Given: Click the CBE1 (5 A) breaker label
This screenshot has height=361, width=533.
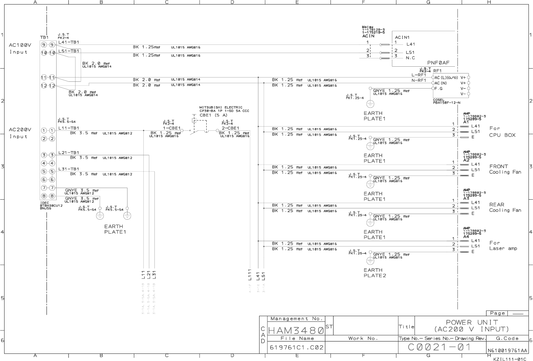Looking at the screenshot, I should (x=214, y=115).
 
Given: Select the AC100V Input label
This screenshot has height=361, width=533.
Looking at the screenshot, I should (x=20, y=48).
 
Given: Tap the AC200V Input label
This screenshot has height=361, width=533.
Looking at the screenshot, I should (x=20, y=133).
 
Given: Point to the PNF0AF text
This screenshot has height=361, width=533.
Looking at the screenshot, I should (x=438, y=63).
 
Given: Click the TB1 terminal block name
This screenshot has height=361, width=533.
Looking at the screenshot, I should (x=45, y=37).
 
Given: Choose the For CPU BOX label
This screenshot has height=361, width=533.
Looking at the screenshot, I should (x=502, y=132).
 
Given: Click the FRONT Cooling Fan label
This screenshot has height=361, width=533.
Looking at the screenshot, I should (x=505, y=169).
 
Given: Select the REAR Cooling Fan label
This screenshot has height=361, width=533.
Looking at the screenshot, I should (x=505, y=207).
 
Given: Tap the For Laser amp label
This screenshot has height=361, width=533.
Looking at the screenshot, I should (x=503, y=246).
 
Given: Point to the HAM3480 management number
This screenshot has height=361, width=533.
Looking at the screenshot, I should (x=296, y=330).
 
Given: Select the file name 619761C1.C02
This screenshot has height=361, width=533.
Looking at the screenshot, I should (x=296, y=347).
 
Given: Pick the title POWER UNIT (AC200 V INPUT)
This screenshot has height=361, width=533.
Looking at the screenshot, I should (x=472, y=326).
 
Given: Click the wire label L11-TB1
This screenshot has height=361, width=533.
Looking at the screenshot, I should (x=69, y=128).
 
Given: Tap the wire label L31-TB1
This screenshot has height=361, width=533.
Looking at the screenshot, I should (x=69, y=169).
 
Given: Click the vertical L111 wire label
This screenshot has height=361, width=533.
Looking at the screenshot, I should (x=249, y=275).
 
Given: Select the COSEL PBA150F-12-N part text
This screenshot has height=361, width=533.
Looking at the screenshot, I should (x=447, y=101).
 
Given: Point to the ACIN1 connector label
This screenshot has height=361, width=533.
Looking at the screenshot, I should (x=402, y=37).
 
